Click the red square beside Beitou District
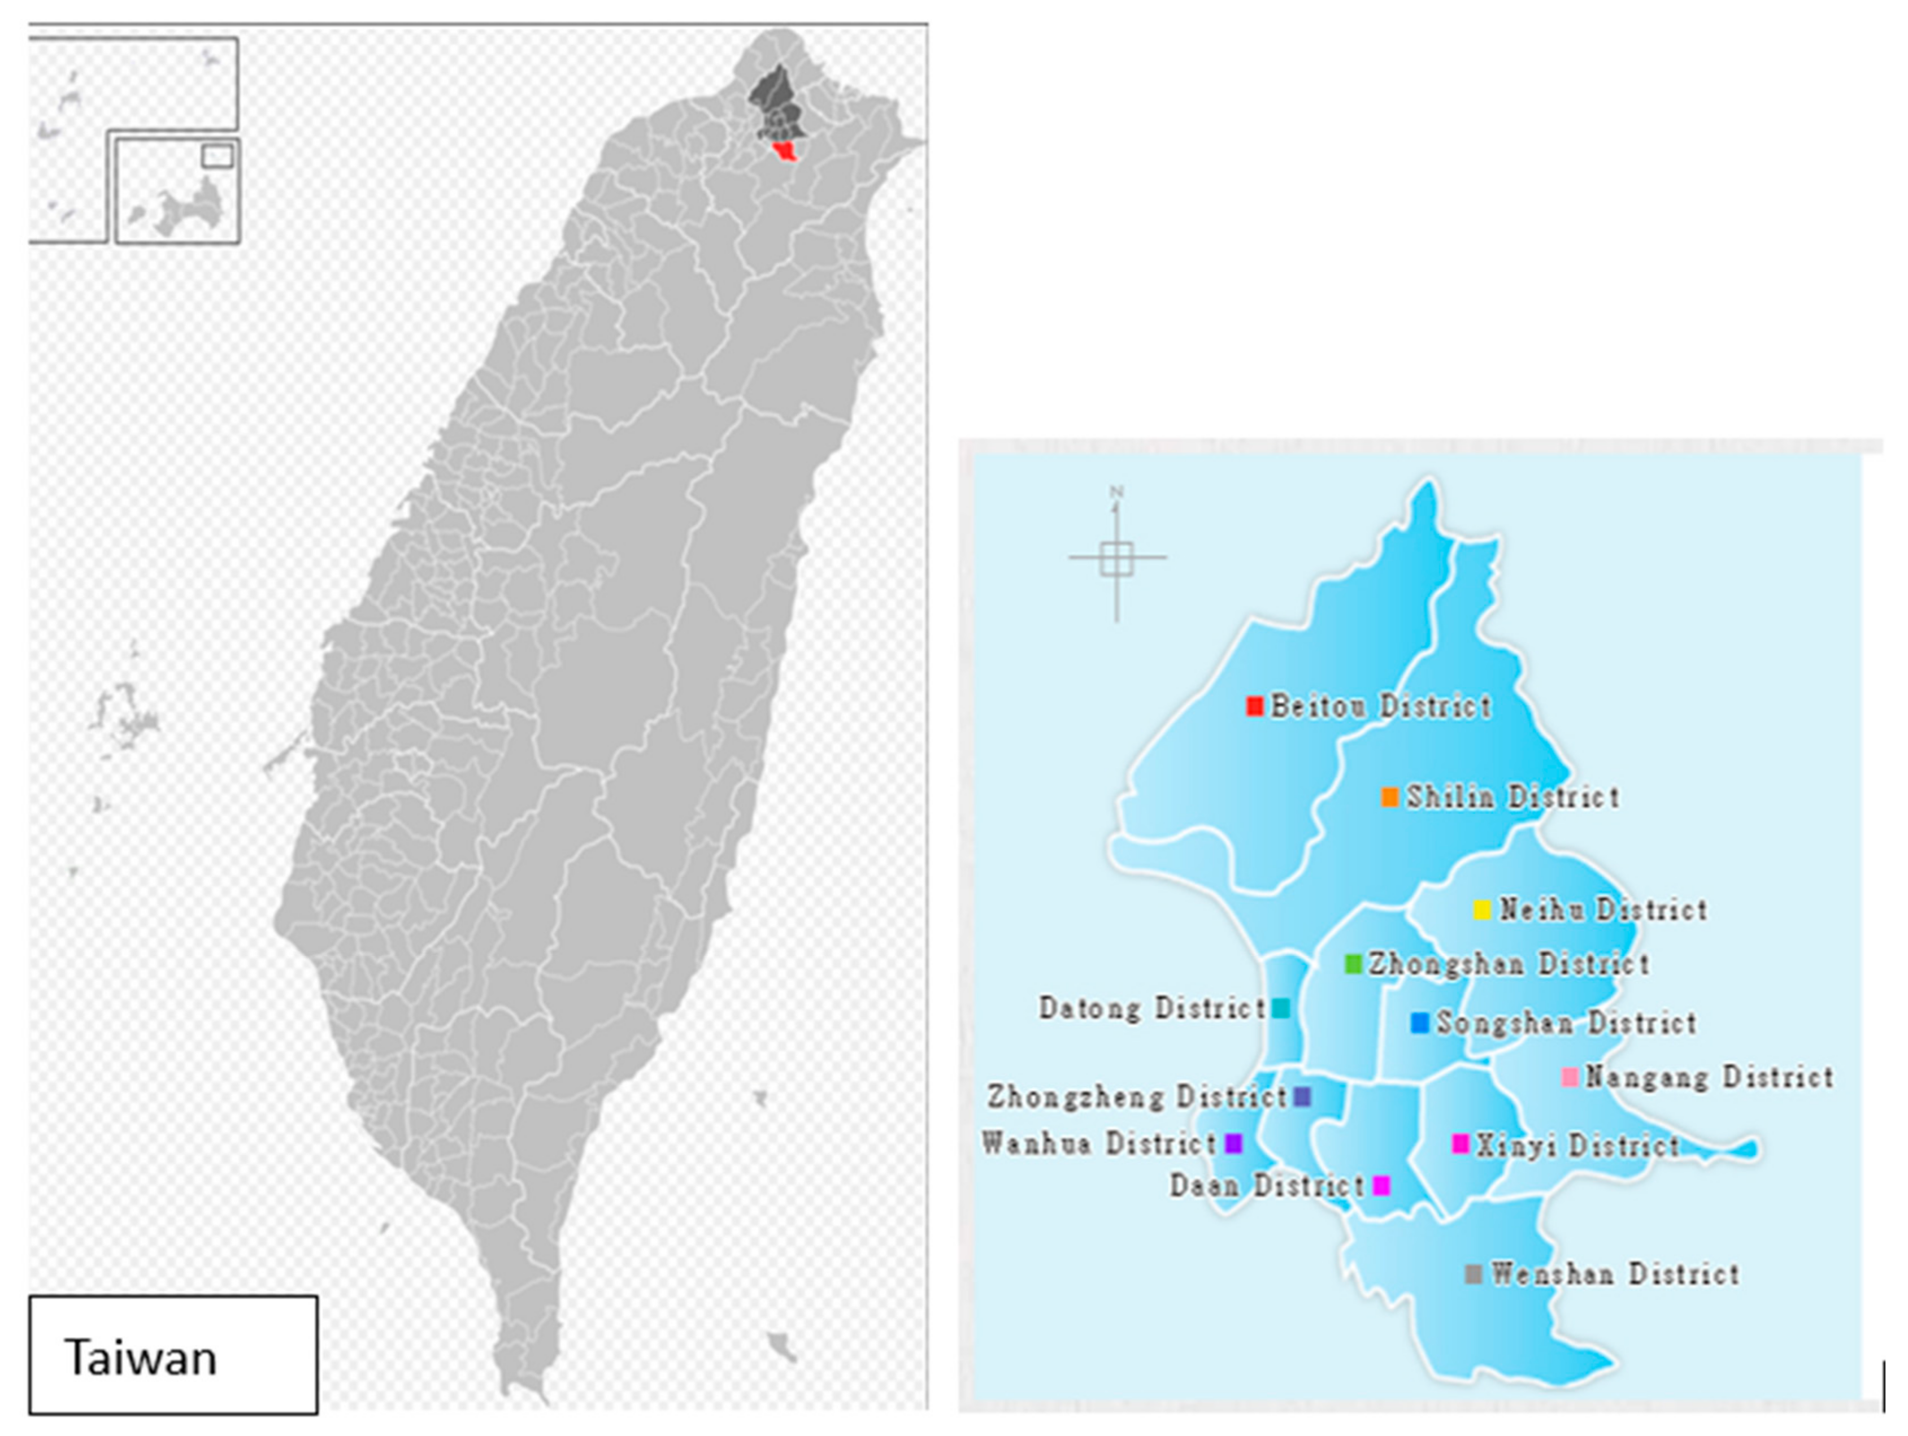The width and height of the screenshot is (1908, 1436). (1255, 706)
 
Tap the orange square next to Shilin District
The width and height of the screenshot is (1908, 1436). (1389, 797)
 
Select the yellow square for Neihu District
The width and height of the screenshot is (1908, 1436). (1482, 910)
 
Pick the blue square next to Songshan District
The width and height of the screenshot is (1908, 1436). (1419, 1023)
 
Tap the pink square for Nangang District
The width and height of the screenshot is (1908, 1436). (1570, 1077)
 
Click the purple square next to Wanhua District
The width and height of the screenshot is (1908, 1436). (1233, 1143)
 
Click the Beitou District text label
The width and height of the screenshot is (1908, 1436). (1381, 706)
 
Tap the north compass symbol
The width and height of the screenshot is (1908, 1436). (1117, 556)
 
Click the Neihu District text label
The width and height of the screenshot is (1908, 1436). (1603, 910)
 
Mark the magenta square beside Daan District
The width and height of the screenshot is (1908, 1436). (1381, 1185)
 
